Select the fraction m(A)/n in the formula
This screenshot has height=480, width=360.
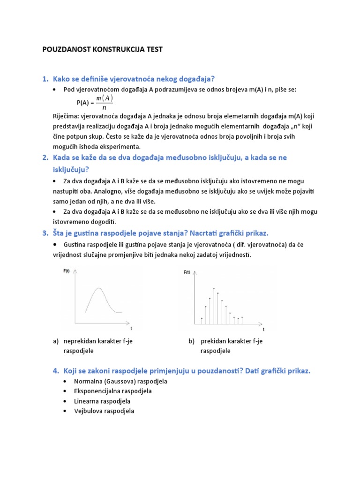pos(104,102)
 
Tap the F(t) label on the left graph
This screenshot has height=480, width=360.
pos(67,271)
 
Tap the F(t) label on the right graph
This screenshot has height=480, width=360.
pos(187,272)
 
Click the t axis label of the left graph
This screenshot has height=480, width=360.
pos(131,329)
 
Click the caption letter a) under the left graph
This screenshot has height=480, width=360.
pos(56,341)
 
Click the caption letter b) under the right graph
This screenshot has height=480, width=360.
pos(191,341)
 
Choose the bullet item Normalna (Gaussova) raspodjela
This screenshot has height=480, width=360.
pos(120,381)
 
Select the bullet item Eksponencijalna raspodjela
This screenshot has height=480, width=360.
pos(112,391)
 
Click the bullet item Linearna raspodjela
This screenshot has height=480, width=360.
pos(102,401)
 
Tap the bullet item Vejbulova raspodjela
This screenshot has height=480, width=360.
pos(104,411)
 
